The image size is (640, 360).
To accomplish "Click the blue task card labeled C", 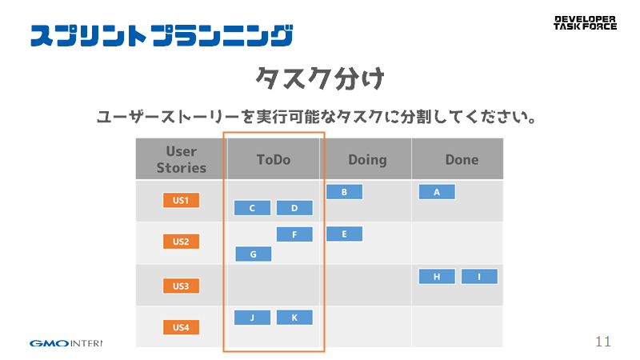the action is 252,208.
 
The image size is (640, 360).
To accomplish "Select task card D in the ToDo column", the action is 294,208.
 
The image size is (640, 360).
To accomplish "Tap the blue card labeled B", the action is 344,192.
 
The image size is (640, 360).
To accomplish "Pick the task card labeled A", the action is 437,192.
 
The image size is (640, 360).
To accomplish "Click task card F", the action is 294,234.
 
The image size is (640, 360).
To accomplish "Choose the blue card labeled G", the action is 253,254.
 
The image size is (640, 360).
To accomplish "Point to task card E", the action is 344,234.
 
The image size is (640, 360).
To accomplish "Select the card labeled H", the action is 437,276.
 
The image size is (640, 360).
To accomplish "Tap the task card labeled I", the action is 479,276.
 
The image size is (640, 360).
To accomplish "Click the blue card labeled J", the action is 252,317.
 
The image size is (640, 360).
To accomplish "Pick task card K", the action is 294,317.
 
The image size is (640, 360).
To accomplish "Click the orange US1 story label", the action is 181,200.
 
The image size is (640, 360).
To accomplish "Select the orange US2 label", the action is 181,242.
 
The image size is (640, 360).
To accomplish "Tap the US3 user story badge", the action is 181,286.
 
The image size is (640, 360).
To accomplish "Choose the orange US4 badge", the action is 181,327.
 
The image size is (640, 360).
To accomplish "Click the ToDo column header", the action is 274,159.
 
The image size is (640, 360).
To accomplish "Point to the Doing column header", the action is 367,159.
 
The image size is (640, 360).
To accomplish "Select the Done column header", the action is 462,159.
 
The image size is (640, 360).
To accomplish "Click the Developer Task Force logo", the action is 585,23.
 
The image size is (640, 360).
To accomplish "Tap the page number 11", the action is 603,342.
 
